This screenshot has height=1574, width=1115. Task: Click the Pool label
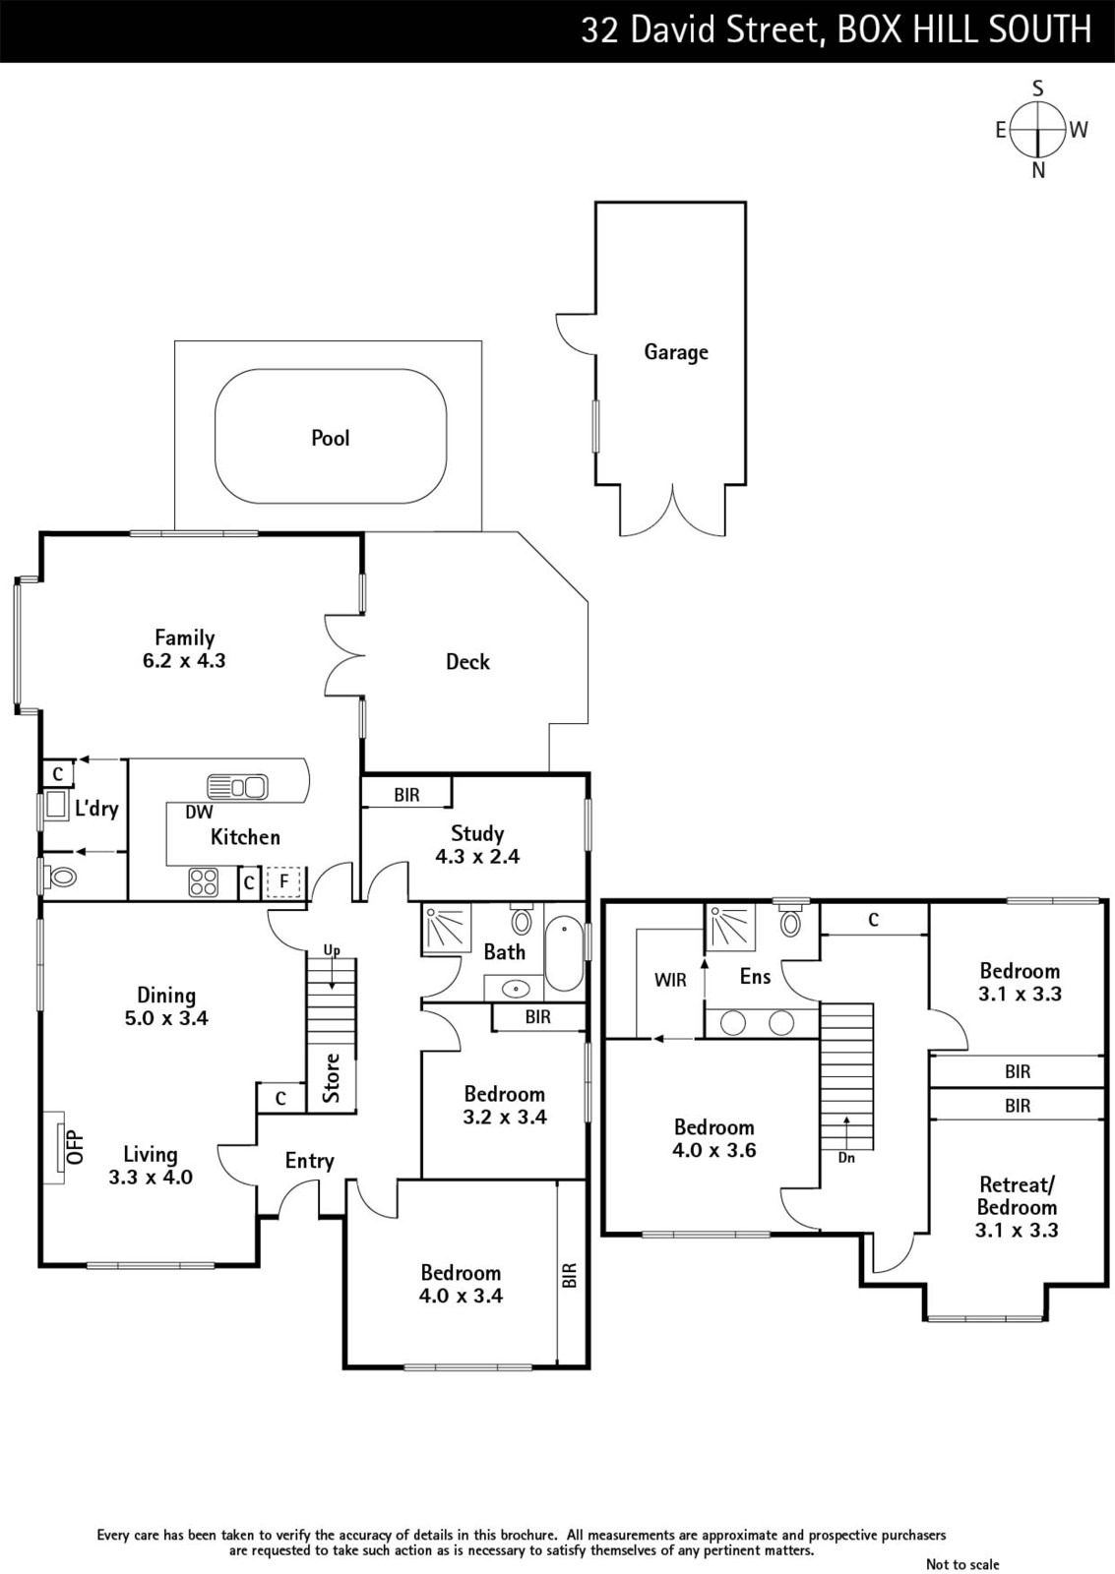click(331, 439)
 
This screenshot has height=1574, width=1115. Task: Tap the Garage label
click(676, 352)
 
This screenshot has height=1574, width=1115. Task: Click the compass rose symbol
click(1038, 129)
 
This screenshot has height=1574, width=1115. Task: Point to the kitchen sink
click(237, 786)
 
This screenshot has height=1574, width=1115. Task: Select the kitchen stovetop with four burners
click(204, 882)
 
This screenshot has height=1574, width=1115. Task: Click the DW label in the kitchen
click(199, 813)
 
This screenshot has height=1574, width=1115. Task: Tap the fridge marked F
click(283, 881)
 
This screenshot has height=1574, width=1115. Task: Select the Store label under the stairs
click(331, 1078)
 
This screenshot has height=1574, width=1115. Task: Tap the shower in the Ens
click(730, 926)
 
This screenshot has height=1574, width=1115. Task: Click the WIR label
click(670, 980)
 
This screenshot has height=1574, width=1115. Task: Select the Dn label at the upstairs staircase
click(846, 1157)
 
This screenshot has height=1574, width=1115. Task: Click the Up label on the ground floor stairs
click(332, 950)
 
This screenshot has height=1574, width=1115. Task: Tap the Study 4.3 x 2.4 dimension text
click(477, 857)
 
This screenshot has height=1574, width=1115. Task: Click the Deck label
click(467, 661)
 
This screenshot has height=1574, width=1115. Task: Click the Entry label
click(309, 1161)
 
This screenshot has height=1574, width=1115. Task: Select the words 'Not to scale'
click(962, 1563)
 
